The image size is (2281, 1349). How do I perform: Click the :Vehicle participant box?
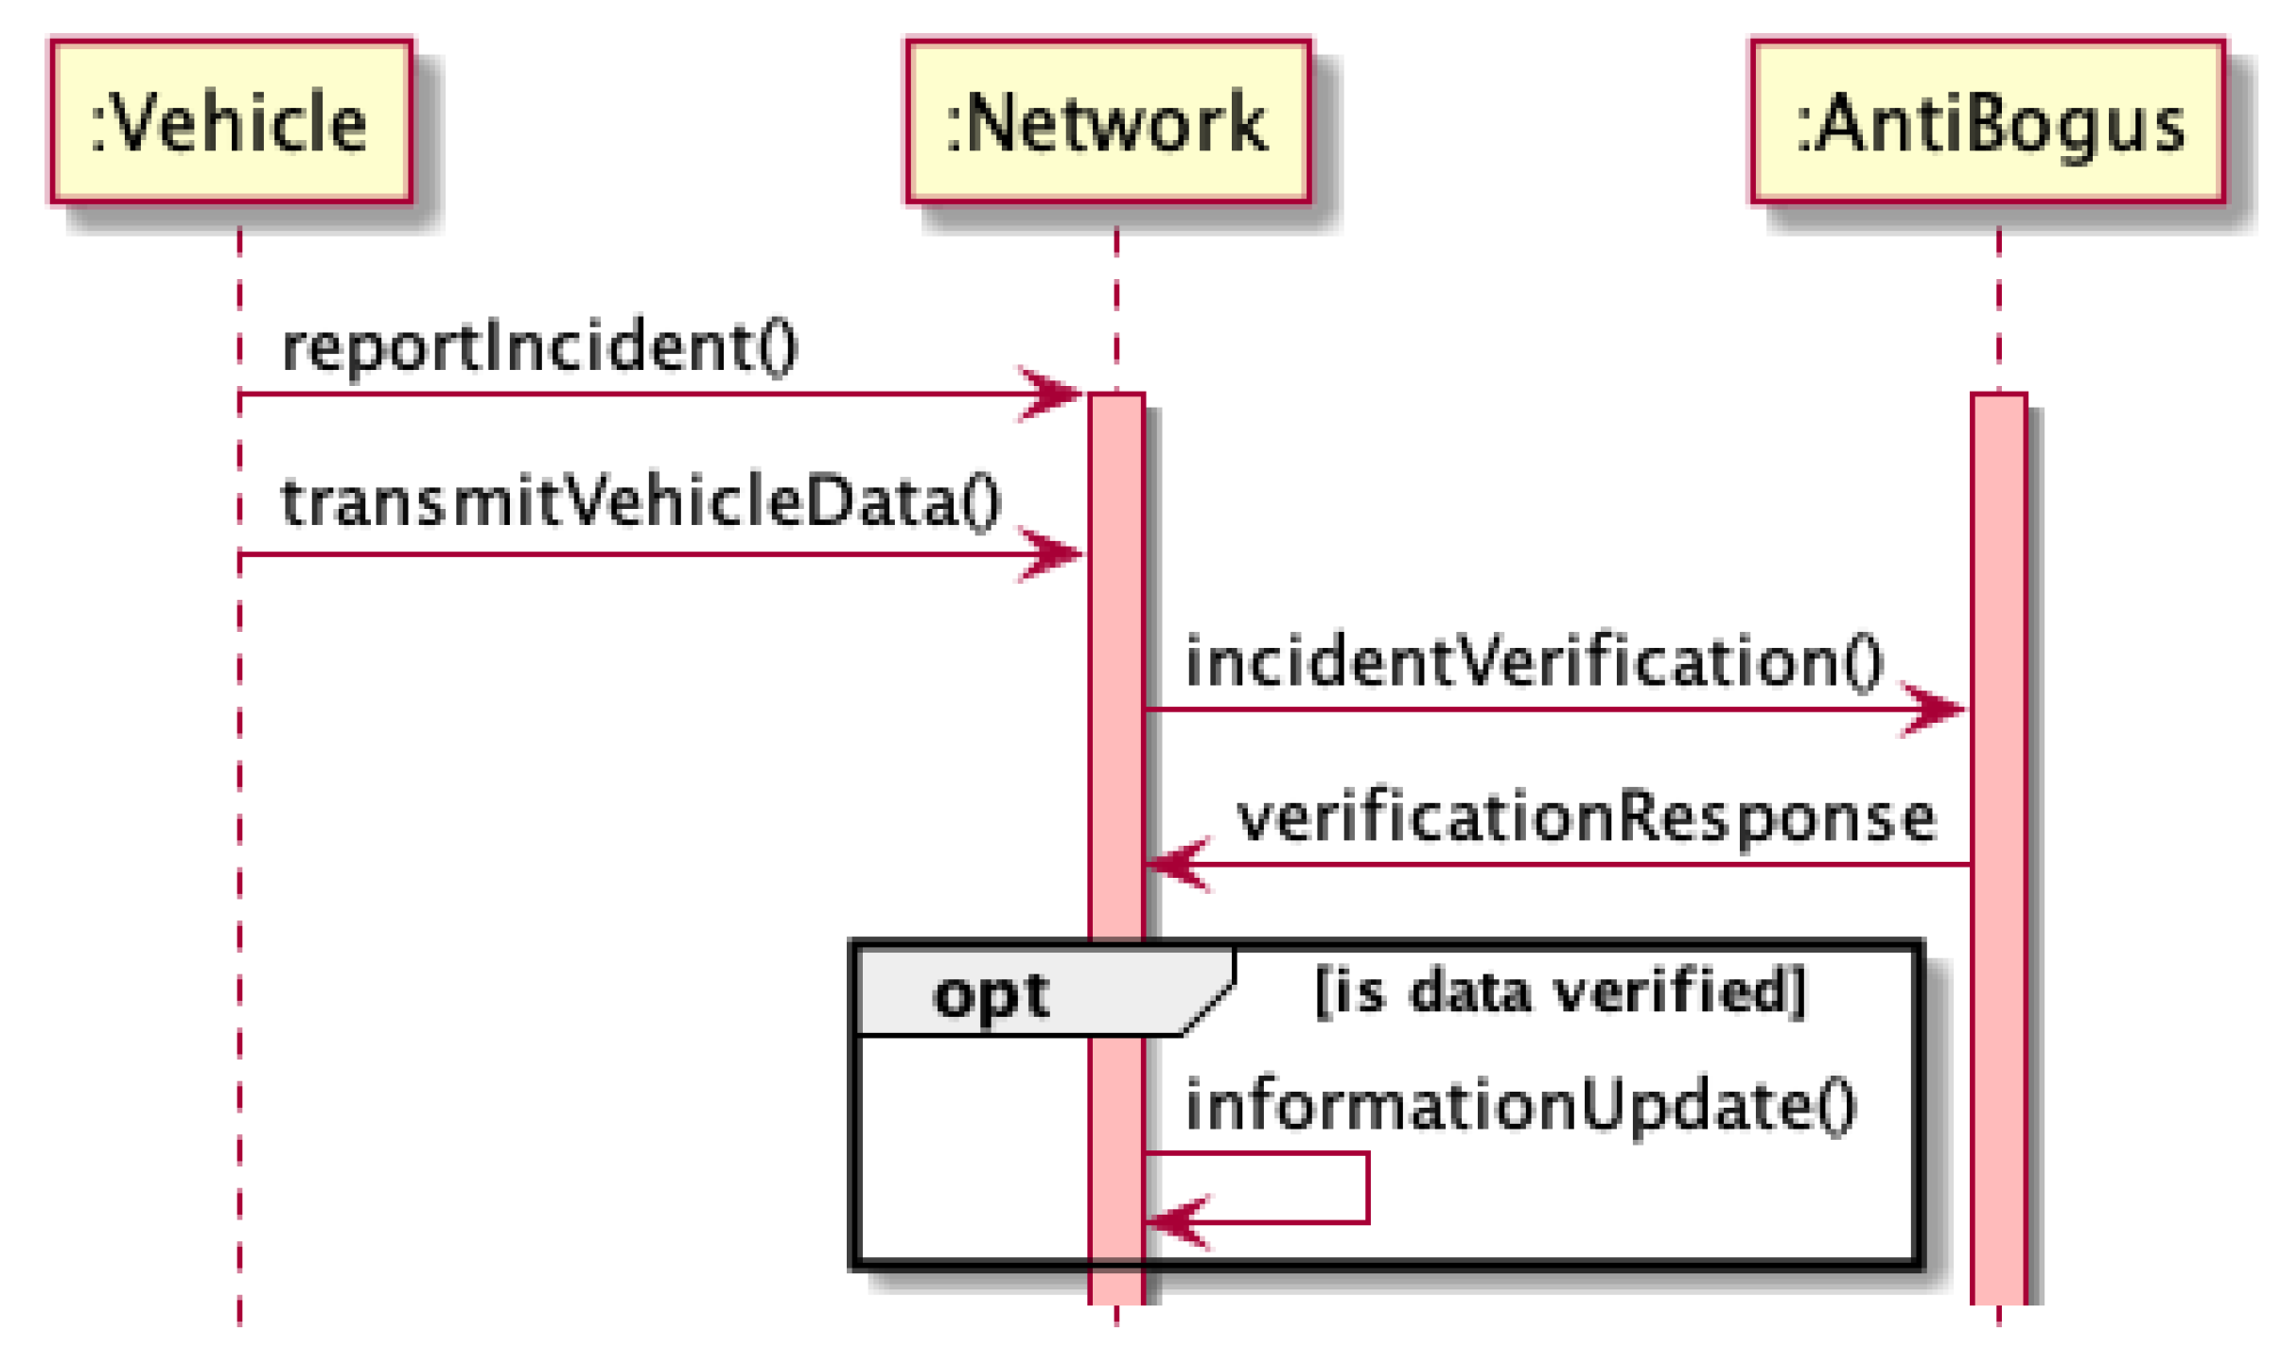[x=231, y=121]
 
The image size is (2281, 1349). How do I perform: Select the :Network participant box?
[x=1107, y=121]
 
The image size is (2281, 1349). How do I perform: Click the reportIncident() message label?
[x=539, y=347]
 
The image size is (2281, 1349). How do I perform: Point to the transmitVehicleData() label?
[x=640, y=502]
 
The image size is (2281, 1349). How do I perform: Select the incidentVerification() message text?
[x=1533, y=661]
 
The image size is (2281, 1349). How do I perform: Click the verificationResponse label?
[x=1586, y=817]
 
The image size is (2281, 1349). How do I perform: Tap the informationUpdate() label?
[x=1519, y=1105]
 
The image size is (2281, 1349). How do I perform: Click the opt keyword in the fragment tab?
[x=990, y=994]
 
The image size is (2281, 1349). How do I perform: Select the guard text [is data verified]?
[x=1560, y=991]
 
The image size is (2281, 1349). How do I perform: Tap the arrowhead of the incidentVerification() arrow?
[x=1934, y=709]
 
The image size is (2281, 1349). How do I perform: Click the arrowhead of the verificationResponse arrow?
[x=1176, y=864]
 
